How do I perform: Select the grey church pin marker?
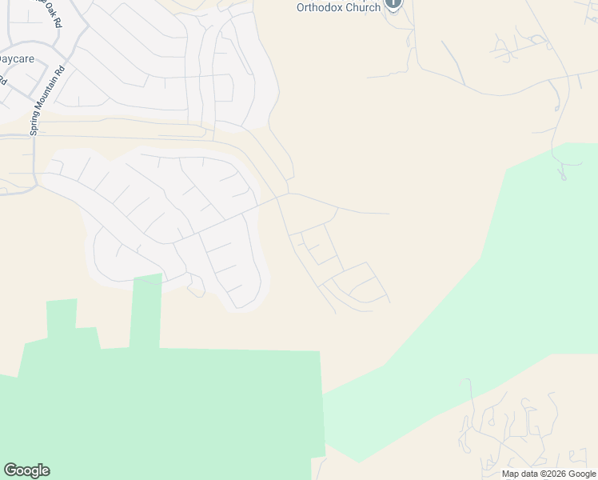point(393,4)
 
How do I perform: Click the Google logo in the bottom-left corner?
point(26,470)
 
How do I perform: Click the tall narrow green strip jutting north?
point(146,312)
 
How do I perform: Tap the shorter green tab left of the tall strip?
point(62,316)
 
